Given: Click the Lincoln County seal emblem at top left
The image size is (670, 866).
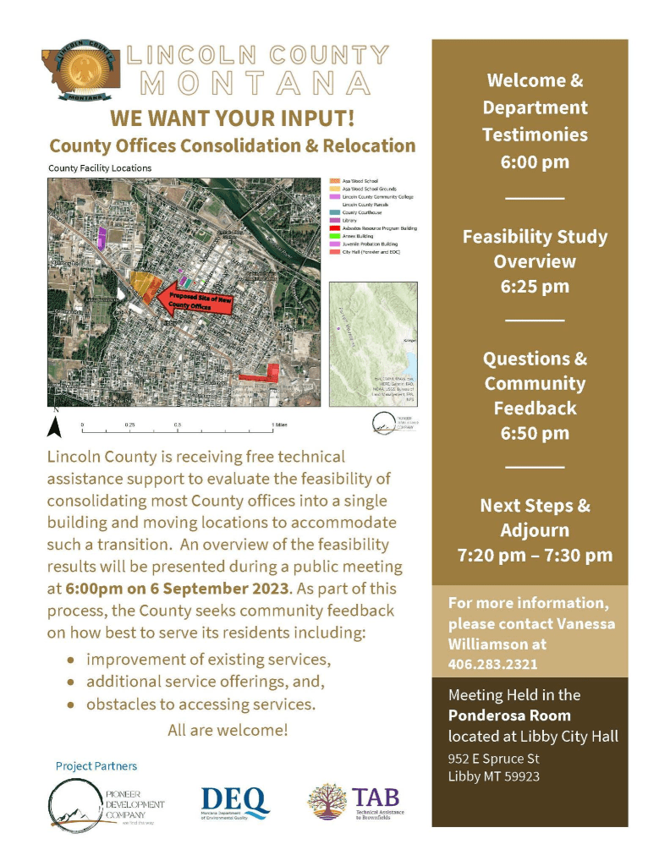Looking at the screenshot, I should point(83,68).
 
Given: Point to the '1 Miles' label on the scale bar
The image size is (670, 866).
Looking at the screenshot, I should point(278,424).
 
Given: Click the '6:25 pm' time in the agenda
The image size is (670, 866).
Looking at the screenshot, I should point(535,287).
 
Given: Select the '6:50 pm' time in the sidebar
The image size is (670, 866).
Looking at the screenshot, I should point(535,434).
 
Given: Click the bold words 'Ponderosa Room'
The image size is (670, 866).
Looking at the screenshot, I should point(497,715).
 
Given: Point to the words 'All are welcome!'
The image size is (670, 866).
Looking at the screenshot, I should point(228,729).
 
